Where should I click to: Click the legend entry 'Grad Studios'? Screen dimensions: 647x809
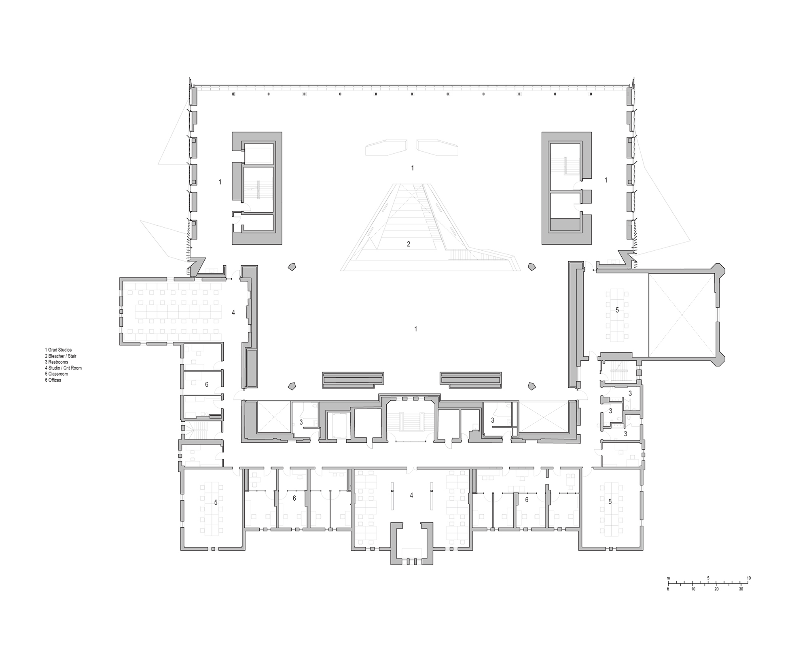click(x=59, y=350)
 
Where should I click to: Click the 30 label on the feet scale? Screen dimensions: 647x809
click(x=741, y=589)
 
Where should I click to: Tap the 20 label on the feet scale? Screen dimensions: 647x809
click(x=716, y=589)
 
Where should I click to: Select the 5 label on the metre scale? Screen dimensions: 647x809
click(x=708, y=578)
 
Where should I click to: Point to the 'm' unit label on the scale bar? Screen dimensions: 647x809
click(x=669, y=578)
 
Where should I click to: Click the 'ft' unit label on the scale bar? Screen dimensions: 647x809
click(x=668, y=589)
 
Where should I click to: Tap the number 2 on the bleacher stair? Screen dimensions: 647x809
click(x=409, y=244)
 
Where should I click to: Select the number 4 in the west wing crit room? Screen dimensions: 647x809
click(x=233, y=312)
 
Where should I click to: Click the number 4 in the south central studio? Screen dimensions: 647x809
click(x=411, y=495)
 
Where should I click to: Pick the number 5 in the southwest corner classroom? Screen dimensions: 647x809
click(x=216, y=502)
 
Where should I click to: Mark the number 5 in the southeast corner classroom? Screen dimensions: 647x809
click(x=610, y=502)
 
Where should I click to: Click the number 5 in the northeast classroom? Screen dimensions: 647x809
click(x=617, y=310)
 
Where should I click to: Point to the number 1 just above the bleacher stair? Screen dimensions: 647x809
click(x=412, y=167)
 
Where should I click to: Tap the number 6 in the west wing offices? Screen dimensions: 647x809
click(x=207, y=384)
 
